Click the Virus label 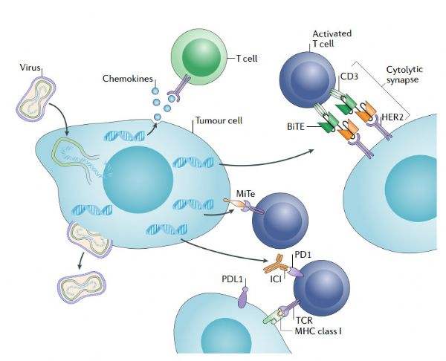tap(29, 67)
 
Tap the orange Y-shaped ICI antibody tap(277, 264)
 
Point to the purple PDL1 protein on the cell tap(242, 299)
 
